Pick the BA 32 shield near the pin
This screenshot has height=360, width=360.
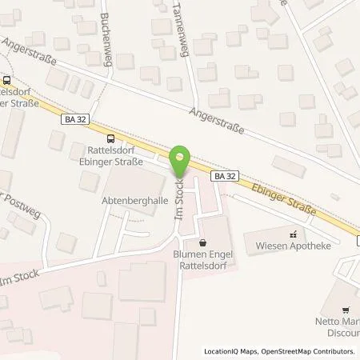click(x=224, y=174)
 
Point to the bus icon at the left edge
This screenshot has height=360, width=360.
click(x=6, y=80)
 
